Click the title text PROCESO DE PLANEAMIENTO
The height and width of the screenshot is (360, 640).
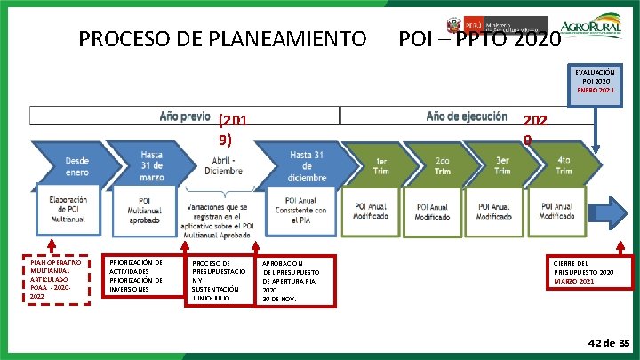click(x=222, y=39)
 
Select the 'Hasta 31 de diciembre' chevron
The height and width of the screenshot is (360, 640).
click(x=307, y=165)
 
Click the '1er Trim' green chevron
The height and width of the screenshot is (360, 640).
click(x=380, y=165)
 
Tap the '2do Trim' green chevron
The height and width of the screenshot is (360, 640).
click(x=442, y=165)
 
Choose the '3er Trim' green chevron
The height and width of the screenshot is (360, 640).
click(x=502, y=165)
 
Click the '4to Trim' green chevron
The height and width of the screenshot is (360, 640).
click(x=564, y=165)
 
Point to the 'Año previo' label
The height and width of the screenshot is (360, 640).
click(x=185, y=116)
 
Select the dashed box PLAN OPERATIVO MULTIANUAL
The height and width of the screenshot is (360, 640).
click(x=57, y=280)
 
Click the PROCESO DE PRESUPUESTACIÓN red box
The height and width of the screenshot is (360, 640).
click(x=219, y=281)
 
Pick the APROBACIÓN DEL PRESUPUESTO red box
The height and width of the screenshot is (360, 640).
click(x=297, y=281)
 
